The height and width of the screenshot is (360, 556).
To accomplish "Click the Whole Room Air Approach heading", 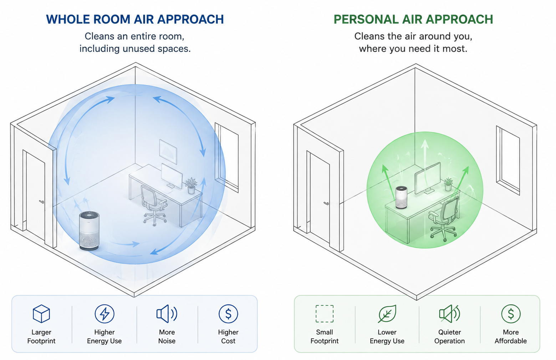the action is point(135,19).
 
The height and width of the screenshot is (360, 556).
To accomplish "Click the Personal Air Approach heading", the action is point(413,19).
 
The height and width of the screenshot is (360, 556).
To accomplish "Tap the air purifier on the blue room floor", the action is point(89,230).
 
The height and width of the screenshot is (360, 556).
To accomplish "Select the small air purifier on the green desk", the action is point(401,197).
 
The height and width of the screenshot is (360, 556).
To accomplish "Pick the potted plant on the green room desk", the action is point(448,184).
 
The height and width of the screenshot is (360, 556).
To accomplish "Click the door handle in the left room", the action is point(41,202).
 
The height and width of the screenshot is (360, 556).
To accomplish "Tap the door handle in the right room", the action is point(326,204).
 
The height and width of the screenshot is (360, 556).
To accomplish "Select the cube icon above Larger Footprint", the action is point(41,314).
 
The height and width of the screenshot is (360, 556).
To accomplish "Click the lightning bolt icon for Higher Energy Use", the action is point(104,314).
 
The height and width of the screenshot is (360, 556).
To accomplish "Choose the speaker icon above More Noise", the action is point(167,314).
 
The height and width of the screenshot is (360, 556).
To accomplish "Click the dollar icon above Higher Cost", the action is point(228,314).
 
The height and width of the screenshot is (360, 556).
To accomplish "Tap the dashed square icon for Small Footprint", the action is point(325,314).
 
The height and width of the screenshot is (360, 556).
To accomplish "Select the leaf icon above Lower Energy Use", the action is point(387,314).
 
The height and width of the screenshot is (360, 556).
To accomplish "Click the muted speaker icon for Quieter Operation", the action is point(449,314).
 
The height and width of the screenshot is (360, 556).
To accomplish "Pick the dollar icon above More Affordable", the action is point(511,314).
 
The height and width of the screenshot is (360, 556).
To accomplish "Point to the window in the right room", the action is point(508,161).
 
